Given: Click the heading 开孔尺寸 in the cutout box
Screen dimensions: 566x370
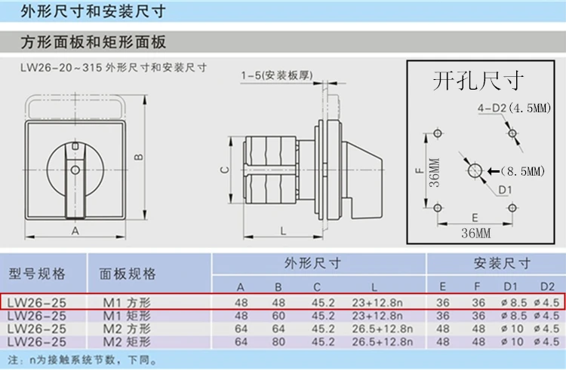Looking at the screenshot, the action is pyautogui.click(x=478, y=81).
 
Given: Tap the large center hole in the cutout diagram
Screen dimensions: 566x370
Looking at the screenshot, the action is pyautogui.click(x=475, y=170).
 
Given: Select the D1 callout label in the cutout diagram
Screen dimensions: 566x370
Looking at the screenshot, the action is pyautogui.click(x=505, y=190).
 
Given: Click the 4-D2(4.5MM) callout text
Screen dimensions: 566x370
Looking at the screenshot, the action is pyautogui.click(x=514, y=108).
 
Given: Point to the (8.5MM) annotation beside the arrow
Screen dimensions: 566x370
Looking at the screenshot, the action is pyautogui.click(x=523, y=171).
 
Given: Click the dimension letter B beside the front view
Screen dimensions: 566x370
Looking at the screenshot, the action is pyautogui.click(x=139, y=157).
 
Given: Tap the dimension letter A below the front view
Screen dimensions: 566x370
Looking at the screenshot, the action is pyautogui.click(x=75, y=231).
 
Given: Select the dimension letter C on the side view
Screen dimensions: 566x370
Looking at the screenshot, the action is pyautogui.click(x=225, y=170).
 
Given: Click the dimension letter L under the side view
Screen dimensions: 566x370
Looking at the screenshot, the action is pyautogui.click(x=283, y=231).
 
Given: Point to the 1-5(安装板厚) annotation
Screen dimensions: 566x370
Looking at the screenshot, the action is pyautogui.click(x=277, y=75).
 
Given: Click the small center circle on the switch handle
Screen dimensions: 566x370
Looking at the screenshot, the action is pyautogui.click(x=75, y=170).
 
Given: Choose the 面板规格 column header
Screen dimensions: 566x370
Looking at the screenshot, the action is pyautogui.click(x=128, y=274).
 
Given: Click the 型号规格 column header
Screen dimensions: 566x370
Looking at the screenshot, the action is pyautogui.click(x=37, y=274).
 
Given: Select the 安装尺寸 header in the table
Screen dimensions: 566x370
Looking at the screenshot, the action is pyautogui.click(x=502, y=264).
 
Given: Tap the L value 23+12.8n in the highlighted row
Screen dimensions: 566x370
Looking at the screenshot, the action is pyautogui.click(x=377, y=303).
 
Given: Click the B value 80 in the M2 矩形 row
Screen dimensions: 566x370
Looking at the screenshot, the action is pyautogui.click(x=278, y=341).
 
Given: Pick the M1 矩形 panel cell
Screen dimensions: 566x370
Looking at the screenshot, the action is pyautogui.click(x=127, y=316).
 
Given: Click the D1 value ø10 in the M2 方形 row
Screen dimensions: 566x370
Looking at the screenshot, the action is pyautogui.click(x=512, y=329).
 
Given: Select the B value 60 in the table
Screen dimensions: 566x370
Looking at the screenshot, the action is pyautogui.click(x=278, y=316).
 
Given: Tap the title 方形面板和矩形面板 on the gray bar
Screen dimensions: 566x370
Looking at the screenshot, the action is pyautogui.click(x=93, y=42).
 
